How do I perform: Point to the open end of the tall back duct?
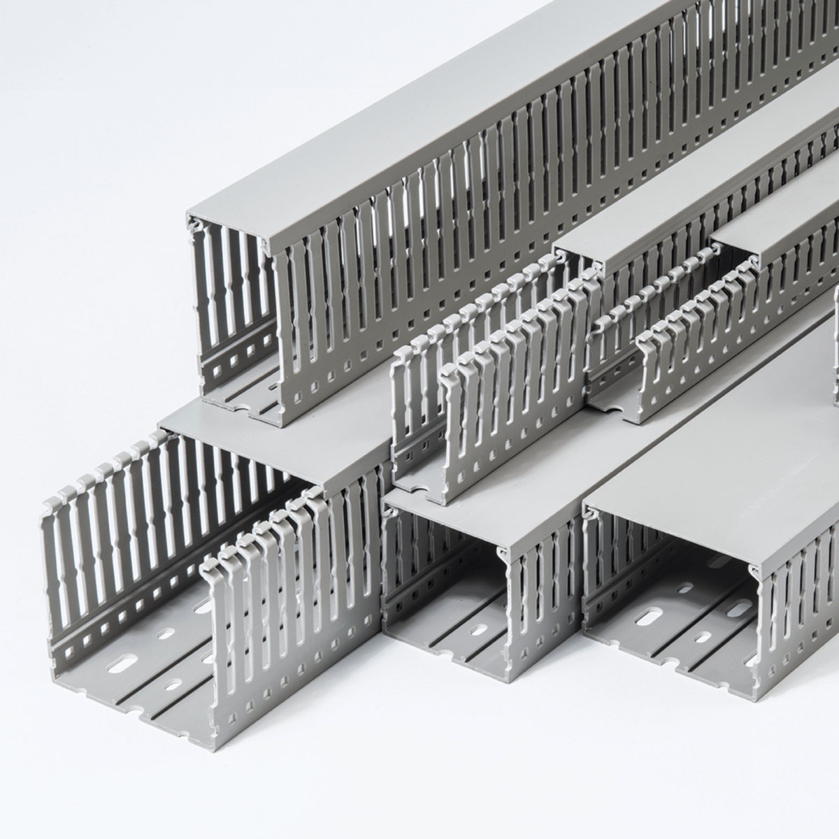pos(231,308)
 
